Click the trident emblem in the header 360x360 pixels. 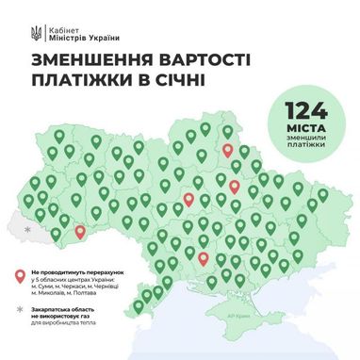point(34,32)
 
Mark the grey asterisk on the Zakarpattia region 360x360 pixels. point(27,229)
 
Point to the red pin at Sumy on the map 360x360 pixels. point(227,149)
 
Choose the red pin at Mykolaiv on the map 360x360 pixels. point(203,256)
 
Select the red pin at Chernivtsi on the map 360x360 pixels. point(79,230)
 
